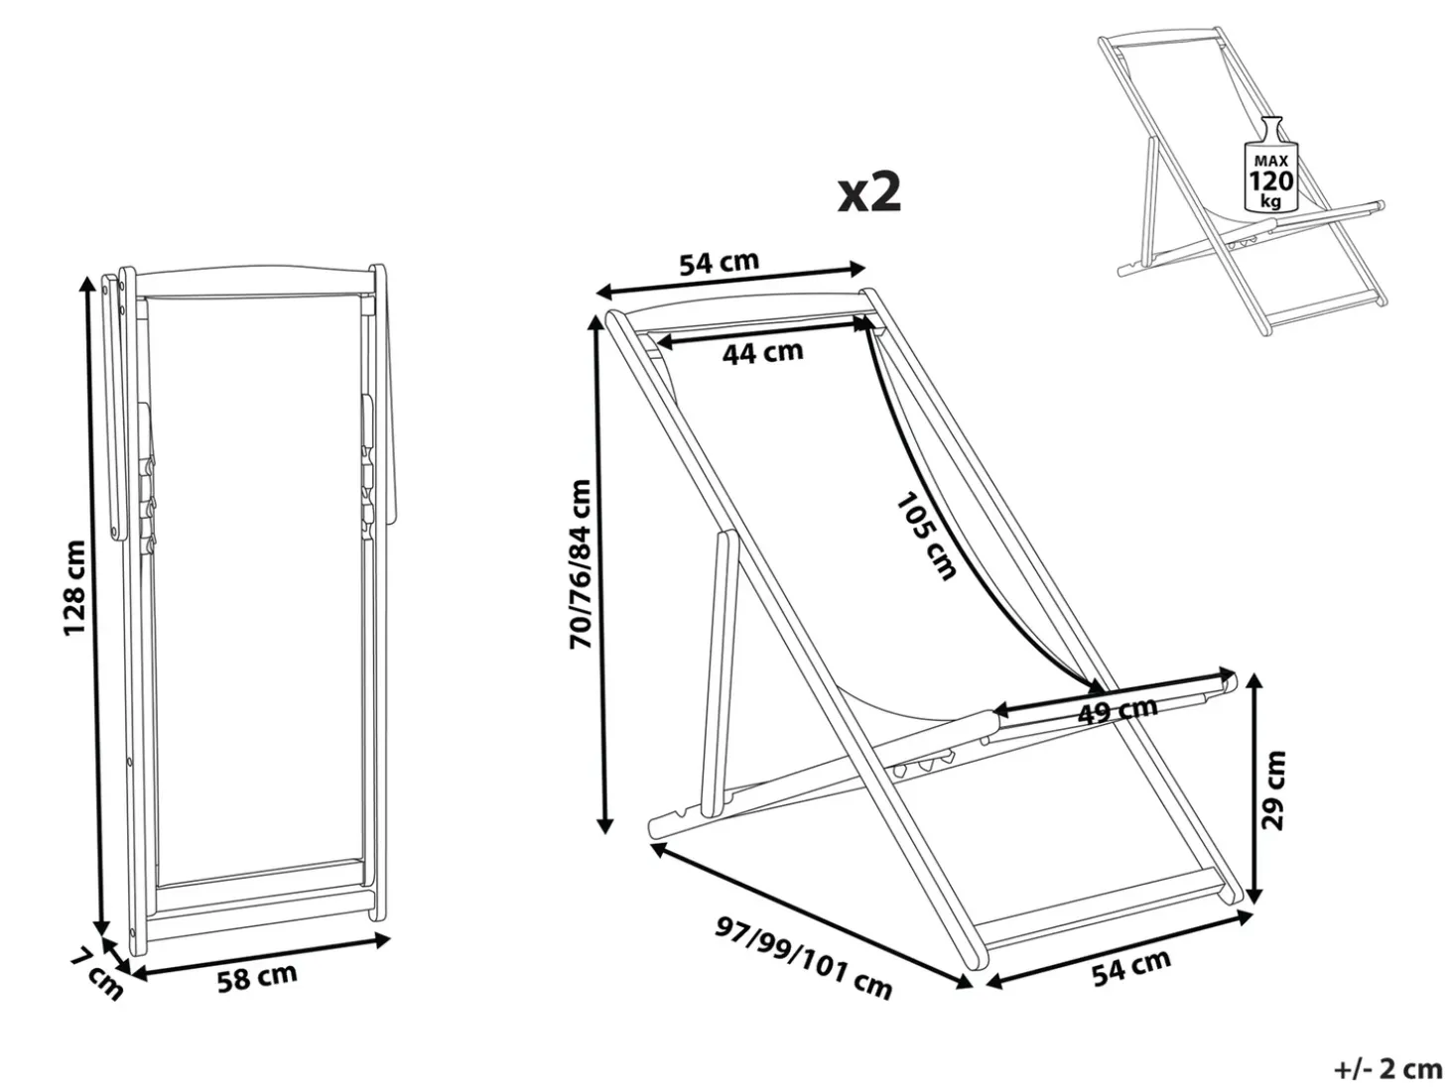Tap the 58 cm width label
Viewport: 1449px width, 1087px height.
(257, 977)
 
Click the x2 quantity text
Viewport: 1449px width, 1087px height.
(868, 192)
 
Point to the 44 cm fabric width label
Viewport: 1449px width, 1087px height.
(762, 352)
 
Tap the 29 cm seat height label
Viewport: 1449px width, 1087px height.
(1273, 789)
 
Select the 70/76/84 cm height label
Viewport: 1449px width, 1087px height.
(581, 564)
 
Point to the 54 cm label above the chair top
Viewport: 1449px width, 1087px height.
(719, 263)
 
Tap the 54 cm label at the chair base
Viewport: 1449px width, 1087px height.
(1130, 967)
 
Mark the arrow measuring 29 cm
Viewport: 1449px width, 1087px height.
(1255, 789)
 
